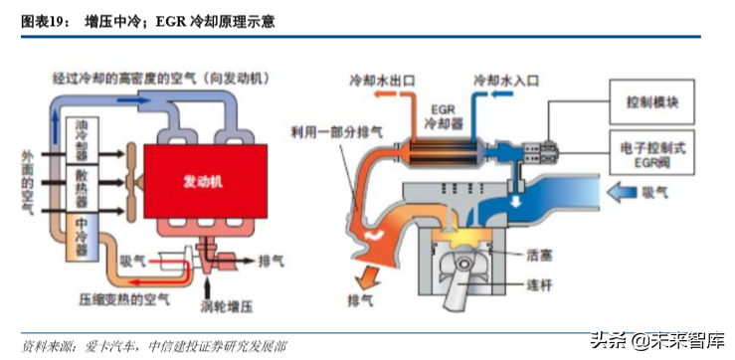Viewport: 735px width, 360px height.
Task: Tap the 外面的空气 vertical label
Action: coord(27,183)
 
